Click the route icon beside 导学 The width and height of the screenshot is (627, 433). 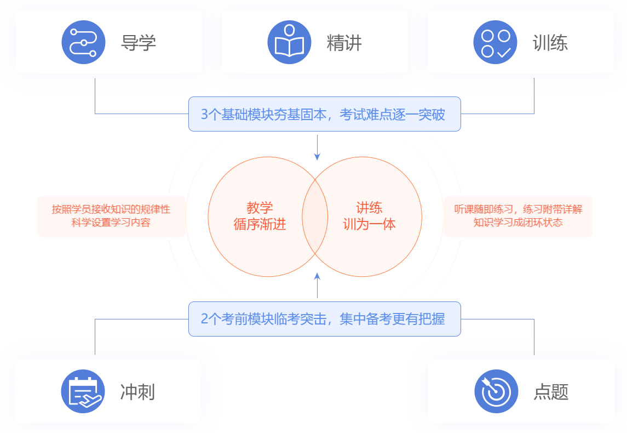83,42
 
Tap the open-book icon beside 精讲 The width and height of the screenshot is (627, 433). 289,42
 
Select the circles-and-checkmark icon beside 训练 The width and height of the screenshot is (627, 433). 495,42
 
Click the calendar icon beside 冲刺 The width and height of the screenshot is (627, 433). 83,391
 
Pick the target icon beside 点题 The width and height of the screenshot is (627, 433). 496,391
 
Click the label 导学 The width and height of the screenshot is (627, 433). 139,43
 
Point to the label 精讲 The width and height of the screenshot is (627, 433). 344,43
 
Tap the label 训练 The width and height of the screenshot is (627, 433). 550,43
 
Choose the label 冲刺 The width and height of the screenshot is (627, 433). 137,392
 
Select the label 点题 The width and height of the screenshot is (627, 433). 551,392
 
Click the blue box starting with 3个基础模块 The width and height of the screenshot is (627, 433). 324,114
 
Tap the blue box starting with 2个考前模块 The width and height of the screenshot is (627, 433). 324,319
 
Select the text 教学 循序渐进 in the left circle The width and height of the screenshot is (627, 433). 260,216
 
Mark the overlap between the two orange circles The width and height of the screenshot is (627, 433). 315,216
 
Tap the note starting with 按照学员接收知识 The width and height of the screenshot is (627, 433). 111,216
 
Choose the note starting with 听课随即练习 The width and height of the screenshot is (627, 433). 518,216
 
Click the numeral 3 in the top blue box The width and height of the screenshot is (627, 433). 204,115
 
